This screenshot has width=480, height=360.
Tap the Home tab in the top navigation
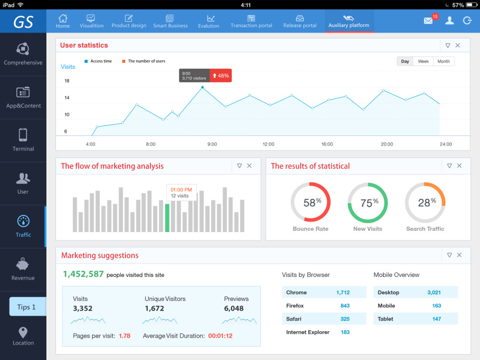(63, 21)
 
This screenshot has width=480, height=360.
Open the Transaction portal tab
(251, 21)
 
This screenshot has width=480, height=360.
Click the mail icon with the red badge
(428, 21)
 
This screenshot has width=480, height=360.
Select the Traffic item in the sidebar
(23, 226)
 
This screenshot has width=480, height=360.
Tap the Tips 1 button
(27, 307)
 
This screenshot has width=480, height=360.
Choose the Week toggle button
(423, 61)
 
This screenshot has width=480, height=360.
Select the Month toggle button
(443, 61)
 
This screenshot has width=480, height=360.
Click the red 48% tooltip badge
(221, 76)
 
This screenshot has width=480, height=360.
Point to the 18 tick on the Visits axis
(67, 81)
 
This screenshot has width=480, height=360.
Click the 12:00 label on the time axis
(268, 144)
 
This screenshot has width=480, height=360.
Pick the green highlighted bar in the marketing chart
(167, 218)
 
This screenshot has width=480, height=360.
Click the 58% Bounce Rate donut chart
(311, 202)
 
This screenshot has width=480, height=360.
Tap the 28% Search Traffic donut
(425, 202)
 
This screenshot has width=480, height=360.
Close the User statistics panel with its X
(458, 45)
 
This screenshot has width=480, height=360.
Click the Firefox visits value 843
(345, 306)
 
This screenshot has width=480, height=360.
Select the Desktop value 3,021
(434, 292)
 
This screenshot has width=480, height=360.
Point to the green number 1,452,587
(83, 274)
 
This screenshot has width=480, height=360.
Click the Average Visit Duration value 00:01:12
(219, 336)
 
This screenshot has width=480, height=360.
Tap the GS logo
(23, 21)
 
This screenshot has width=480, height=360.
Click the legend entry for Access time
(100, 61)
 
